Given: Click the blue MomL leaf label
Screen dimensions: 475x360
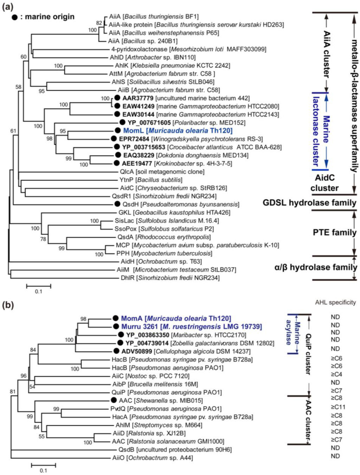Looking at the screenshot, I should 178,131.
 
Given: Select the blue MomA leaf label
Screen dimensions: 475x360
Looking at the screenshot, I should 176,318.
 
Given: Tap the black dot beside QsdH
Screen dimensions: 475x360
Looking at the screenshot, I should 117,204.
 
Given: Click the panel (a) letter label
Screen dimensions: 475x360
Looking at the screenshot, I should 7,7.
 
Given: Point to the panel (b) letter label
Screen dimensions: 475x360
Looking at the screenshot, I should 7,305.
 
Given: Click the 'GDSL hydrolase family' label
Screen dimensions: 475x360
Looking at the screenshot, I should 309,203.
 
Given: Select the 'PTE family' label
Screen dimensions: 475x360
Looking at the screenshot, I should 334,233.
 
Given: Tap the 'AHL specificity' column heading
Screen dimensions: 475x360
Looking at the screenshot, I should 335,302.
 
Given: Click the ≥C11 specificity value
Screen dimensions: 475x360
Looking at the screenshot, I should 338,407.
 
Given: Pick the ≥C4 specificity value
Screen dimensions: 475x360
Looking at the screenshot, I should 336,374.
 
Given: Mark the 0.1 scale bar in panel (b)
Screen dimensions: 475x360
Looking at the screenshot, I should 43,466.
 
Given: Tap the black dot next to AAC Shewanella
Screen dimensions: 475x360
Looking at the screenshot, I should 114,400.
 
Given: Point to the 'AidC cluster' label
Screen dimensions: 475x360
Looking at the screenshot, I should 324,183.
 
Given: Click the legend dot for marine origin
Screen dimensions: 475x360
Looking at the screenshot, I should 14,17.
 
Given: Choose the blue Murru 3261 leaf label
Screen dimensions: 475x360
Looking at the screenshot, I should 191,327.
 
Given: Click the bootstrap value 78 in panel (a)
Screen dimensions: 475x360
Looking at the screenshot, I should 43,239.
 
